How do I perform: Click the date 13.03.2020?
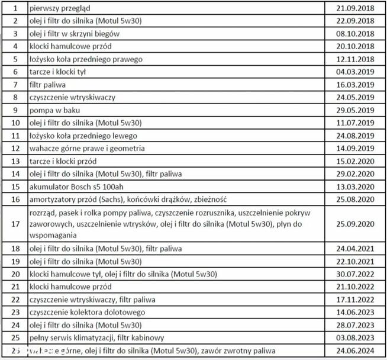353,186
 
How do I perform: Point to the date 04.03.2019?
353,72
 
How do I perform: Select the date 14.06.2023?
353,311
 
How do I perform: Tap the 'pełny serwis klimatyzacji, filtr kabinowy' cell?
98,337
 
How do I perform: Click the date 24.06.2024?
353,351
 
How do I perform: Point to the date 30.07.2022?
353,274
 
